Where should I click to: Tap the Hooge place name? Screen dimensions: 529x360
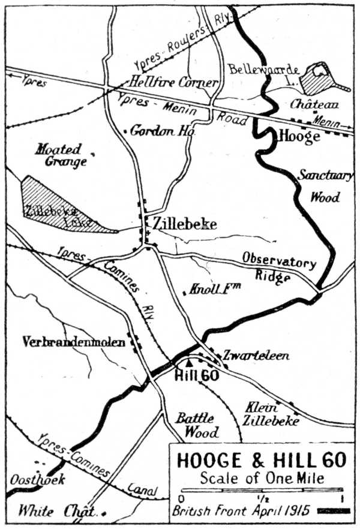[299, 137]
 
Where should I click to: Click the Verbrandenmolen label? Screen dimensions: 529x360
[74, 342]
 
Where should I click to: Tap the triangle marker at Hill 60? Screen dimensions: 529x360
[190, 362]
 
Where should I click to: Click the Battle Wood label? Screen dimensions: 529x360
[194, 425]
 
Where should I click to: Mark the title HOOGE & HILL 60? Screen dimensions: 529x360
[261, 461]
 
